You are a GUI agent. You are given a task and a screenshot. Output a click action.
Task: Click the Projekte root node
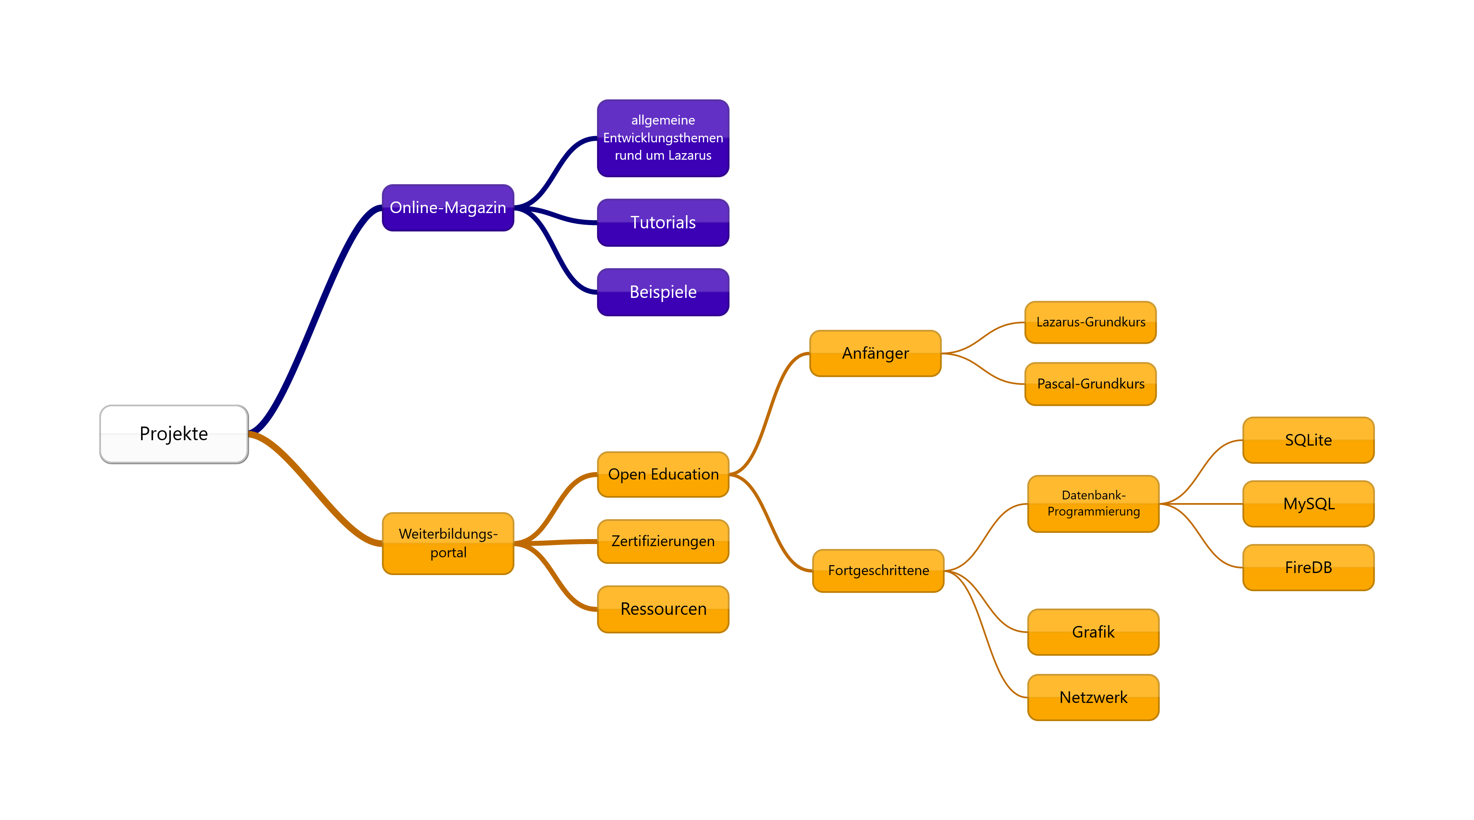(x=174, y=434)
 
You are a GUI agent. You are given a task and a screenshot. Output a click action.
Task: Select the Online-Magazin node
(x=448, y=208)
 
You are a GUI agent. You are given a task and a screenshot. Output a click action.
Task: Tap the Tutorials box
(x=663, y=223)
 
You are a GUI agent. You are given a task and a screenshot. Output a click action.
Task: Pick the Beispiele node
(x=663, y=292)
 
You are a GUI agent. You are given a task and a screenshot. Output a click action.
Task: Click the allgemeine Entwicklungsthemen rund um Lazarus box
(x=663, y=138)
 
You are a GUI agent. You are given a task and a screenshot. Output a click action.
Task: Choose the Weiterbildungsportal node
(x=448, y=543)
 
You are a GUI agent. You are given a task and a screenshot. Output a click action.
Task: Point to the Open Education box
(x=663, y=475)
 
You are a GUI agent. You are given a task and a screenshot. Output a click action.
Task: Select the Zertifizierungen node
(x=663, y=541)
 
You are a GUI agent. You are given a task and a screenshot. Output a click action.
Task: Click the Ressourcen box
(x=663, y=609)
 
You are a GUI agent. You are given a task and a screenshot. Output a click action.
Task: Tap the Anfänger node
(x=875, y=353)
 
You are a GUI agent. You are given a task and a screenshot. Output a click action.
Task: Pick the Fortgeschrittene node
(x=878, y=571)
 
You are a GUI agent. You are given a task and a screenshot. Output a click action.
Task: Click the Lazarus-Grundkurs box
(x=1090, y=322)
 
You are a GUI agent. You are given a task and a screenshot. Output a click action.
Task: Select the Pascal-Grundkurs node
(x=1090, y=384)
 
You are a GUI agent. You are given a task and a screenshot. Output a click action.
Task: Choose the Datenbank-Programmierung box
(x=1093, y=504)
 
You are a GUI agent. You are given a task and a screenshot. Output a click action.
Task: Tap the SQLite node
(x=1308, y=440)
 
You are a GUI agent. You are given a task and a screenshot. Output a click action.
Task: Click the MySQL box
(x=1308, y=504)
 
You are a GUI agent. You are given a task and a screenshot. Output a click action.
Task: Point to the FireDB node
(x=1308, y=568)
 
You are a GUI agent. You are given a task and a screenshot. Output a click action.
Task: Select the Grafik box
(x=1093, y=632)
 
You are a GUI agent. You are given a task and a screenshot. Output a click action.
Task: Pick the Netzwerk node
(x=1093, y=697)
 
